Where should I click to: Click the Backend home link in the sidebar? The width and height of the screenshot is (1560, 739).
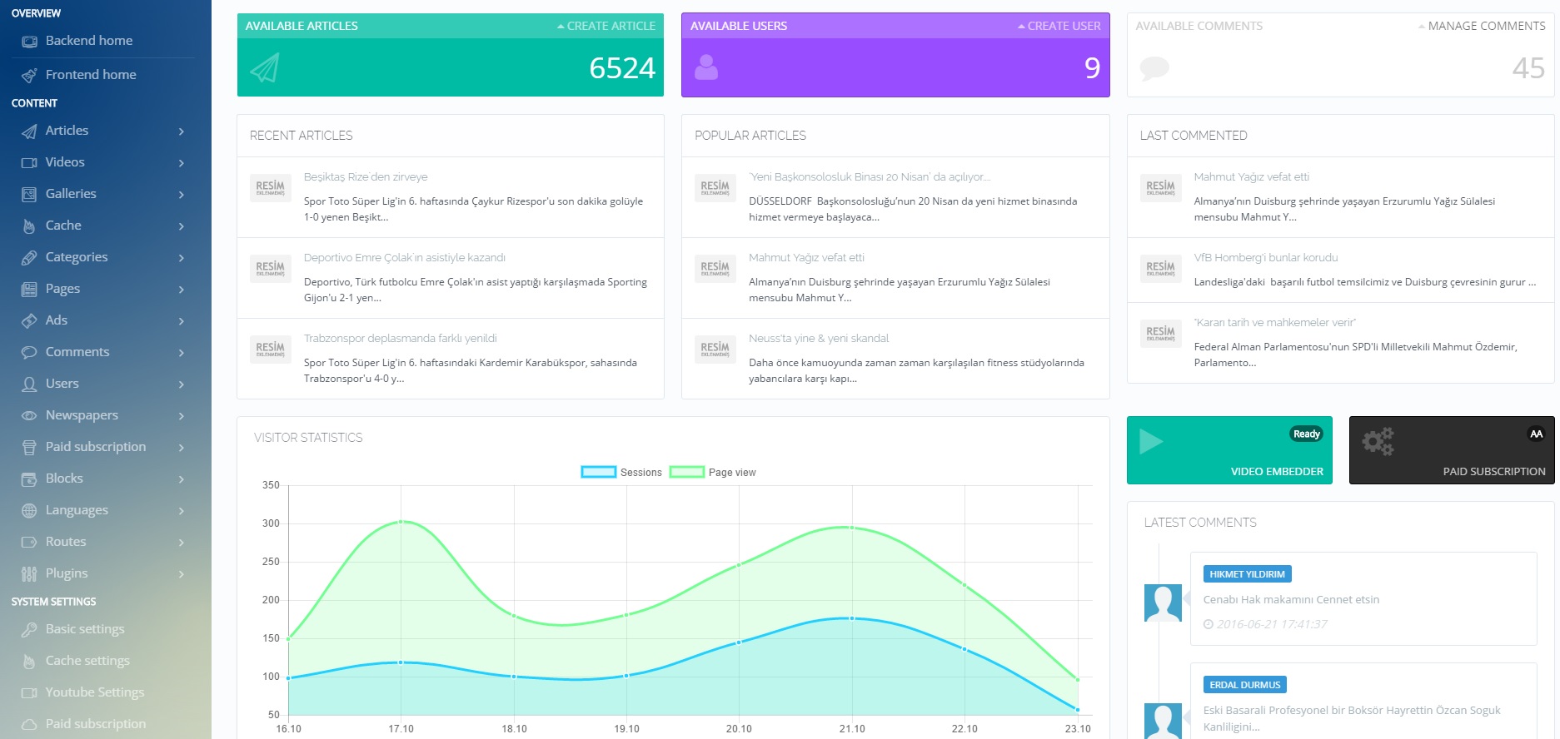[88, 41]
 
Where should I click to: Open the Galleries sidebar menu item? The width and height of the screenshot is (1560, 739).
[71, 194]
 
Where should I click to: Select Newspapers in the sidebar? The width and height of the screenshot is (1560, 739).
[82, 415]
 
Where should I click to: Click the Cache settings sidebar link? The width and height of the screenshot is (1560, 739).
[87, 661]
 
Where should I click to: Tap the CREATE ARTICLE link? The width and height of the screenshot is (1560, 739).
[611, 26]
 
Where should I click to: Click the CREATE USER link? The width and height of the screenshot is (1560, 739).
[1063, 26]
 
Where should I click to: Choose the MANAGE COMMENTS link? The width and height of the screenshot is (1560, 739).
[1486, 26]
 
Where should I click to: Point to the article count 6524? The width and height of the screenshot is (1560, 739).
[621, 68]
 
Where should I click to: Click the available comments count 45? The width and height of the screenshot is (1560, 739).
[1528, 68]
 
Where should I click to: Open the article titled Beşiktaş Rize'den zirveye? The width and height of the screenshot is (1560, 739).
[366, 177]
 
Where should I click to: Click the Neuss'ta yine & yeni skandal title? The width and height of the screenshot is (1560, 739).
[819, 339]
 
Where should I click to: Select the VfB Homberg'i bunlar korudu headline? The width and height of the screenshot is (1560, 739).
[1266, 258]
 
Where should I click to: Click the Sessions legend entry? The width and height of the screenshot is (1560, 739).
[621, 472]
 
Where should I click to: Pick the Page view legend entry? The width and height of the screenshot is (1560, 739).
[713, 472]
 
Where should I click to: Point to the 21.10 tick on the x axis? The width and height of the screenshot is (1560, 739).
[852, 728]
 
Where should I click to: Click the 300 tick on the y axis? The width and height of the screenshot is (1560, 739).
[271, 523]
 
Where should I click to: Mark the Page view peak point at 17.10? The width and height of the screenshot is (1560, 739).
[401, 522]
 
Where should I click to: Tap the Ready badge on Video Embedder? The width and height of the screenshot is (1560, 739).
[1306, 434]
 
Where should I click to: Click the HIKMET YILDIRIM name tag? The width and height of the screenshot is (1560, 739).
[1247, 574]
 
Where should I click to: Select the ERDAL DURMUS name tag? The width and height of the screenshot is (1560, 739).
[1244, 685]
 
